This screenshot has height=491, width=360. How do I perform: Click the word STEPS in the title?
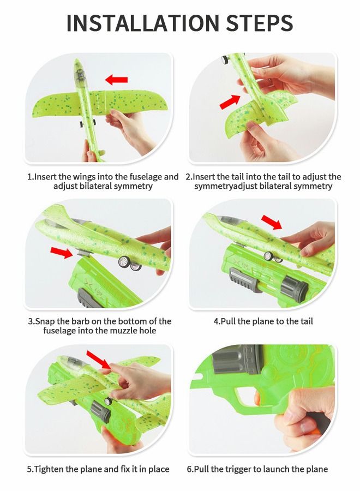[x=260, y=22]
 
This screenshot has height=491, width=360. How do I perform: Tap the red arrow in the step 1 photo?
[x=116, y=80]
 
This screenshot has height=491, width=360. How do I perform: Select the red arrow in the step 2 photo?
[x=230, y=102]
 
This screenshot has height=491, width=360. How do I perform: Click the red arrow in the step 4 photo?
[x=272, y=222]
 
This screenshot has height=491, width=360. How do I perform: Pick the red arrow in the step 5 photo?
[x=98, y=360]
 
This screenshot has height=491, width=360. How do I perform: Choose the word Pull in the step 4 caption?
[x=228, y=321]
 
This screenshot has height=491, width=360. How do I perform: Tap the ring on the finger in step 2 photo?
[x=269, y=82]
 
